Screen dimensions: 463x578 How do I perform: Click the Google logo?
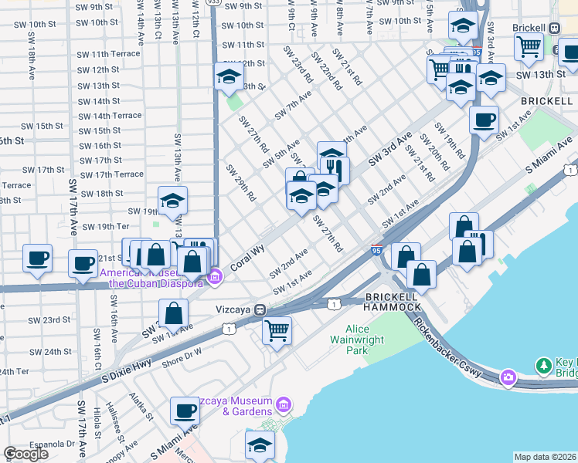(25, 454)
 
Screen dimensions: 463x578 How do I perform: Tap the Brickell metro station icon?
(554, 27)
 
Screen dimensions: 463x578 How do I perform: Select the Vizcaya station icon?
(261, 309)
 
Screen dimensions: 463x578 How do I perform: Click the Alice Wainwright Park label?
(358, 339)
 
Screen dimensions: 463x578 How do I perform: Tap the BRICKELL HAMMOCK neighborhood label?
(392, 302)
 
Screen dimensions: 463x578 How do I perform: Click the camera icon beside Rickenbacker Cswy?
(508, 377)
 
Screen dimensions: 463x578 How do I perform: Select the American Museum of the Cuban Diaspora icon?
(216, 275)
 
